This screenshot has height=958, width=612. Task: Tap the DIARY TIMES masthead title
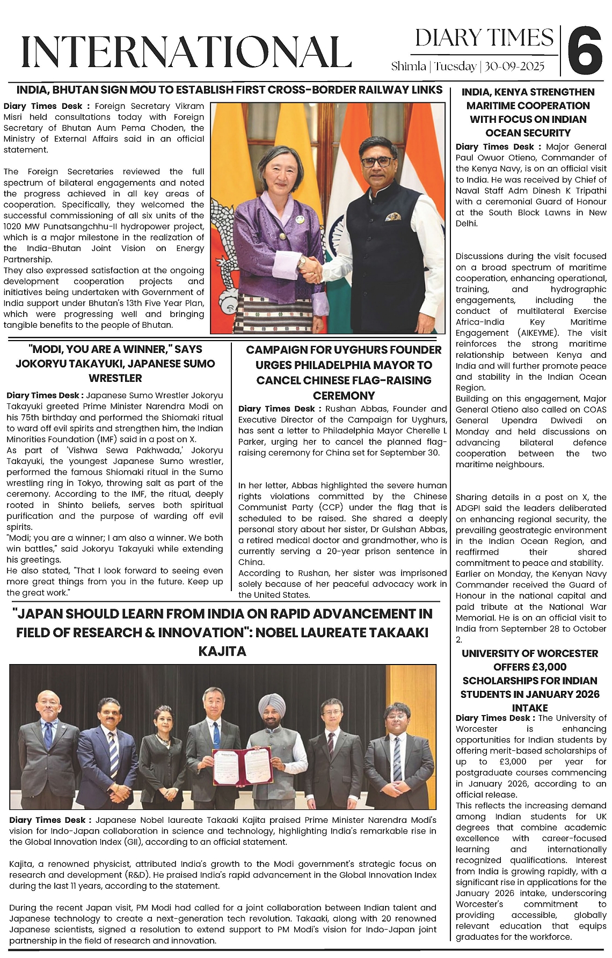pyautogui.click(x=484, y=38)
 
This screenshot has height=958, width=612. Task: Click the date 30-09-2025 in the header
pyautogui.click(x=514, y=67)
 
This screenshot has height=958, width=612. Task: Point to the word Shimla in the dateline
pyautogui.click(x=409, y=67)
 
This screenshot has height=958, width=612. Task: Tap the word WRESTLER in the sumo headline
pyautogui.click(x=115, y=378)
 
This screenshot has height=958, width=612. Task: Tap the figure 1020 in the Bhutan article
pyautogui.click(x=12, y=226)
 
